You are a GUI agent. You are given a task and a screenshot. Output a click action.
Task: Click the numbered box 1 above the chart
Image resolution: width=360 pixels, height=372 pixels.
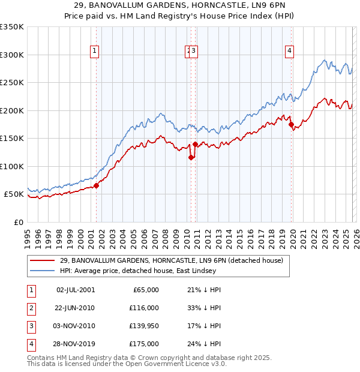[x=95, y=52]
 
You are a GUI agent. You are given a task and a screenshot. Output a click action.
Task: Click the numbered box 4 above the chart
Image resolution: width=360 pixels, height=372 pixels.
[x=289, y=52]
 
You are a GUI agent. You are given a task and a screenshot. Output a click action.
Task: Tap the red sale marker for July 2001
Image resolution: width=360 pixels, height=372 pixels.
[x=96, y=186]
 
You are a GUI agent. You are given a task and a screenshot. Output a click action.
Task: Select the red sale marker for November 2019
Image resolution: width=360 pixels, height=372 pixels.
[x=291, y=125]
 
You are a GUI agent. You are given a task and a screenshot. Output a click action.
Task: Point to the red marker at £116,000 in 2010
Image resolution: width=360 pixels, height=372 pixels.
[x=191, y=158]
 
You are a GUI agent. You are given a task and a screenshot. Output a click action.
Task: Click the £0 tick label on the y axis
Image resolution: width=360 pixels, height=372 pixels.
[x=18, y=222]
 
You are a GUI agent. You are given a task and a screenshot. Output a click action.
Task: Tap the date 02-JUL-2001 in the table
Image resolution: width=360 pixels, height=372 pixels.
[x=75, y=289]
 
